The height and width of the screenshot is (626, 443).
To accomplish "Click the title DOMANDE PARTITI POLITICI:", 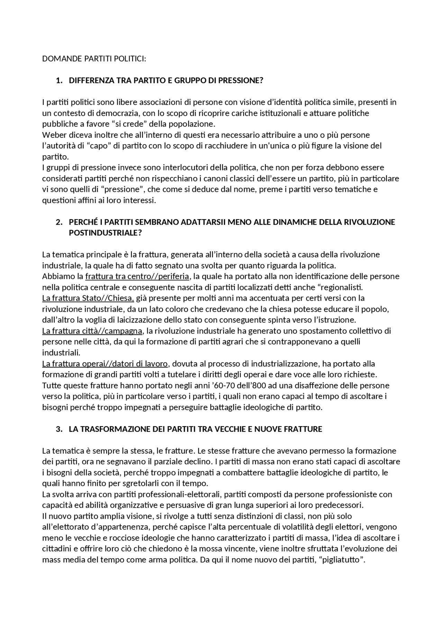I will pyautogui.click(x=94, y=59).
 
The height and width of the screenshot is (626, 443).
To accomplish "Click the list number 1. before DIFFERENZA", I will pyautogui.click(x=59, y=81).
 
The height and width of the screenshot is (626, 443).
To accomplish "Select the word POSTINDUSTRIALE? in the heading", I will pyautogui.click(x=105, y=233).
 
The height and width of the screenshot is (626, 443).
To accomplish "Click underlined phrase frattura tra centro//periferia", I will pyautogui.click(x=137, y=277).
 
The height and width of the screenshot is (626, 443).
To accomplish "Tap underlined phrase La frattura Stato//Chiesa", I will pyautogui.click(x=88, y=298).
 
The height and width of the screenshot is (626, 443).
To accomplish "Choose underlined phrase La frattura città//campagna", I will pyautogui.click(x=92, y=331).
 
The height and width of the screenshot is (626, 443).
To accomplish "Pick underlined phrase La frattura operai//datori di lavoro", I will pyautogui.click(x=105, y=364).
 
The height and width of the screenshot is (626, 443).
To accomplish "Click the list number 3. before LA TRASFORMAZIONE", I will pyautogui.click(x=59, y=429).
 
